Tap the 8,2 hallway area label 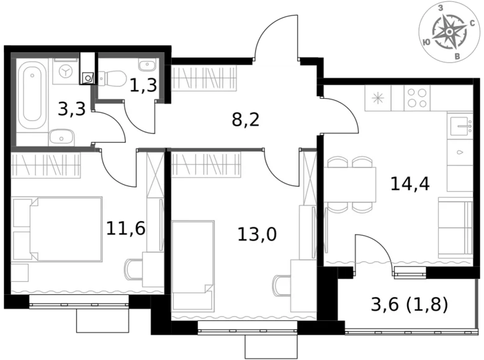245,119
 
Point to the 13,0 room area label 256,235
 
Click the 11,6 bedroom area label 125,228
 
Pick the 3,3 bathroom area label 72,110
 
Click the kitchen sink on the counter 460,128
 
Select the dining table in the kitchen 351,184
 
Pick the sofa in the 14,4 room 455,228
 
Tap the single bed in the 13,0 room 193,266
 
